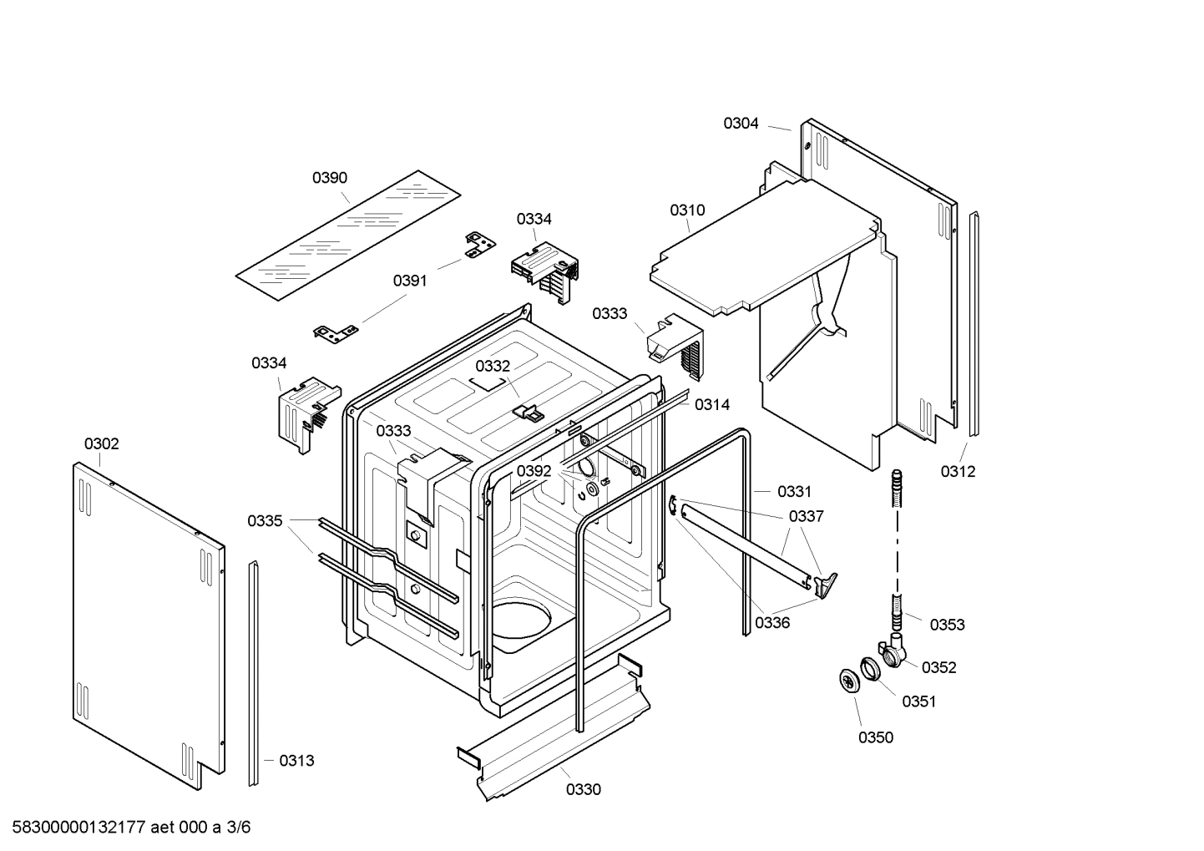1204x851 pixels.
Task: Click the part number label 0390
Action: [330, 178]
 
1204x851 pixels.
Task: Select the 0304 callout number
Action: [741, 124]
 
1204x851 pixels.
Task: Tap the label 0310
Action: [687, 210]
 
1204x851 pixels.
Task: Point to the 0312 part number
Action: [958, 471]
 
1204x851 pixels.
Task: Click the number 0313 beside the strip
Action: [296, 760]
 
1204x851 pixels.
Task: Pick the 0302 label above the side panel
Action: [101, 443]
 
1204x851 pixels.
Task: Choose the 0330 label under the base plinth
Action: [583, 789]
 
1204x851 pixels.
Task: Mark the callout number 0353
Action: [947, 624]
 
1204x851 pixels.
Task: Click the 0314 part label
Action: [712, 405]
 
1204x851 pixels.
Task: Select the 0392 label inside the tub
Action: [534, 471]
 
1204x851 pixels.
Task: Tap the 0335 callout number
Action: [265, 521]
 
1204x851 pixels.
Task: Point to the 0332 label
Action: [493, 366]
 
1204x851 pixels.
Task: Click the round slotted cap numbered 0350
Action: [850, 680]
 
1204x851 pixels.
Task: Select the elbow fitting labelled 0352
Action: [892, 651]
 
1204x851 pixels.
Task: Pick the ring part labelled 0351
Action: [871, 668]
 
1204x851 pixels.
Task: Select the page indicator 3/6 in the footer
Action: [238, 828]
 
